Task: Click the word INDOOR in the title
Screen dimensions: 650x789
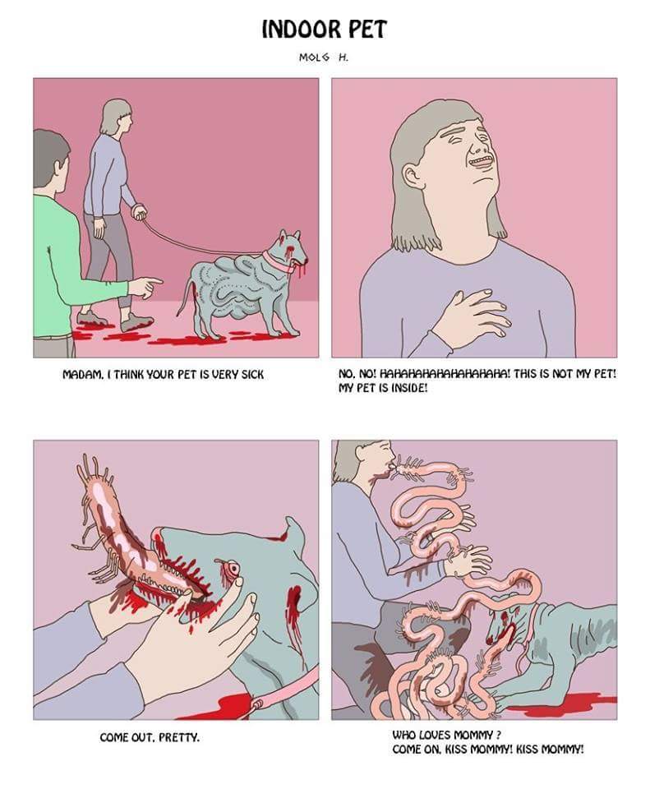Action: (295, 30)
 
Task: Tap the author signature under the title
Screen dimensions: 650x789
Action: (324, 58)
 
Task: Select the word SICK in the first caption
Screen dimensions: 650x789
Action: (251, 375)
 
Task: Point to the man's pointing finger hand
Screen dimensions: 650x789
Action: (145, 287)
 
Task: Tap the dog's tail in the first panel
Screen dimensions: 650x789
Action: (184, 297)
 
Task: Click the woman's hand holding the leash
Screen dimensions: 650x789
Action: (137, 210)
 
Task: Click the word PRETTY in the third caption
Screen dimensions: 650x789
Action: (179, 738)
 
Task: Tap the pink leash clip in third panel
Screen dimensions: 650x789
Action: (260, 704)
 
